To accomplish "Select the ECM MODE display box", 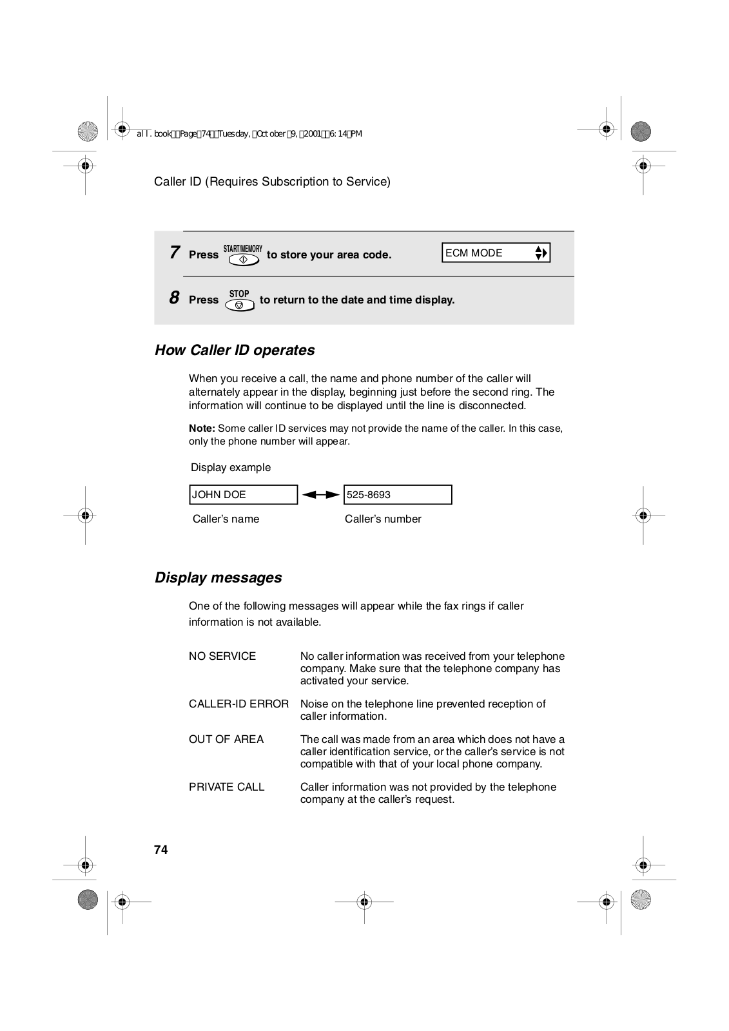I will (x=495, y=253).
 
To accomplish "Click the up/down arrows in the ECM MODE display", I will (x=541, y=253).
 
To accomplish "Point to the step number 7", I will (x=174, y=253).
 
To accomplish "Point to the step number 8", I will (x=174, y=298).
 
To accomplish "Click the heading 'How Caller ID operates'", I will (x=235, y=351).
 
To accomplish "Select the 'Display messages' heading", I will (x=218, y=577).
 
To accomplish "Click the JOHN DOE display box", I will (x=243, y=495).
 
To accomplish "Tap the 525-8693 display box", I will (x=397, y=495).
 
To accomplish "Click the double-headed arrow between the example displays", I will (x=320, y=495).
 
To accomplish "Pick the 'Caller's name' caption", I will (x=226, y=519).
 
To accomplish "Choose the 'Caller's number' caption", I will (x=383, y=519).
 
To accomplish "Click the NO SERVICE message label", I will (x=222, y=657).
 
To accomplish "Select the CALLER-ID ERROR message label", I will (x=238, y=704).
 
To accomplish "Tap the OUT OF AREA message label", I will (x=226, y=740).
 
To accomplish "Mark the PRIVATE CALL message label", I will (x=227, y=787).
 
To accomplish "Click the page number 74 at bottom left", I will (x=161, y=850).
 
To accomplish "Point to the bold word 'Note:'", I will (x=202, y=429).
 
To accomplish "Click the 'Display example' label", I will (x=231, y=468).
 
